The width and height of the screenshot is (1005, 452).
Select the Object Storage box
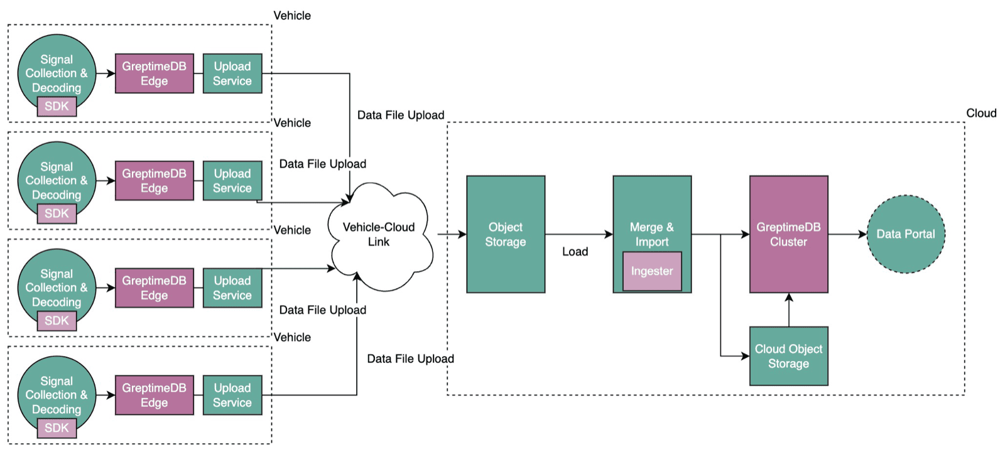505,234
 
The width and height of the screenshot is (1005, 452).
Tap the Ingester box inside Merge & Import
651,271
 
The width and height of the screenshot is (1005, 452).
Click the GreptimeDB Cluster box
788,234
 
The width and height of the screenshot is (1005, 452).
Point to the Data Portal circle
905,234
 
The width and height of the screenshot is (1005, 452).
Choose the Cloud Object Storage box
788,356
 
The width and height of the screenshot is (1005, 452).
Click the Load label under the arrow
575,252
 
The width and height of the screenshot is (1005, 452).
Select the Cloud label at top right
981,113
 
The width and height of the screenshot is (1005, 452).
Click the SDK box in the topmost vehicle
57,106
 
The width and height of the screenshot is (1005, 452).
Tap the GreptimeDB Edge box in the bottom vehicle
154,395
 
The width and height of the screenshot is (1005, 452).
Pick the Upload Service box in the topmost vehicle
232,73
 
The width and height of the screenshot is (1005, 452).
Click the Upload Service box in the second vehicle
232,181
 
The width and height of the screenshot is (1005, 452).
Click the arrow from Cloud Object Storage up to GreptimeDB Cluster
789,309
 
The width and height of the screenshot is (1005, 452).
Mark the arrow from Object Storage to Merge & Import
578,234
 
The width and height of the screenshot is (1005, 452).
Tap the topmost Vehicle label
291,16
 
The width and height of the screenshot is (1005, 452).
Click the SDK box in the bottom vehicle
57,428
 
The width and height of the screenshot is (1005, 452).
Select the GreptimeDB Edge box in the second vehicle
154,181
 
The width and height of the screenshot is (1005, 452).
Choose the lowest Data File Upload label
410,358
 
